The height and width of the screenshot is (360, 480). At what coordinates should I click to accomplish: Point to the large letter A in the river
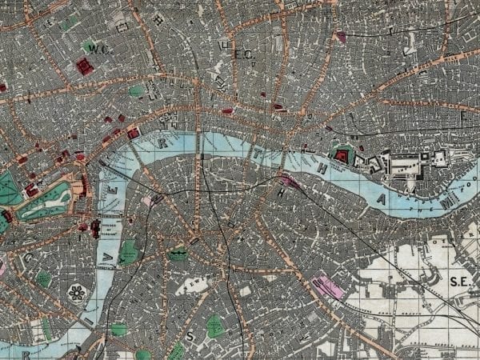click(x=386, y=197)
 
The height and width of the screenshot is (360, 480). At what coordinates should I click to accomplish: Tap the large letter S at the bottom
click(x=190, y=337)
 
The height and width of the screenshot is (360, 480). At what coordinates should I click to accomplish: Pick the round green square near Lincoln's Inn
click(x=138, y=90)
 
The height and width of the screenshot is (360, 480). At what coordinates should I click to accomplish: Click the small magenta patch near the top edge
click(x=342, y=37)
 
